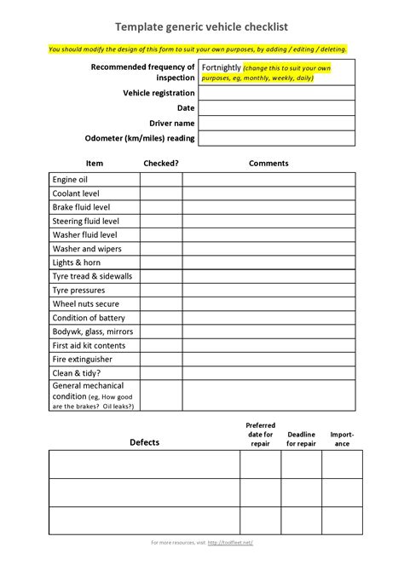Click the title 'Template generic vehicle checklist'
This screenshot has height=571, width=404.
201,27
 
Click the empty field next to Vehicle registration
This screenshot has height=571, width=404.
276,93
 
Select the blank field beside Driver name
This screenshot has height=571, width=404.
276,123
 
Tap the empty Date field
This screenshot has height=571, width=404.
276,108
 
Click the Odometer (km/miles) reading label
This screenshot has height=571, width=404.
141,138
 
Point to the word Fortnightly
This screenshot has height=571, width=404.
221,67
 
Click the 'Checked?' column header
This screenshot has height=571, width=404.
161,163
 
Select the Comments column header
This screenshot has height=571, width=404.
268,163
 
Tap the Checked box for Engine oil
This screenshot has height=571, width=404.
161,180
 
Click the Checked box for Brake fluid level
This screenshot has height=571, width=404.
161,207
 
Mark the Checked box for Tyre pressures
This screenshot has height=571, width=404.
161,291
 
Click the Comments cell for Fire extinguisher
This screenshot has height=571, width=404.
268,360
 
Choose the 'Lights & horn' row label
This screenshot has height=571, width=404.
77,262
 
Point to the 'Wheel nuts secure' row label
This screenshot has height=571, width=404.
86,304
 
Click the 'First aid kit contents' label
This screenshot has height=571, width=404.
89,346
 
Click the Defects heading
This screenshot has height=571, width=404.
144,442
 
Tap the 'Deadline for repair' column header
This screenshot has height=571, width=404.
301,439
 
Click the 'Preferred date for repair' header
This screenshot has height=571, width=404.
260,435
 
